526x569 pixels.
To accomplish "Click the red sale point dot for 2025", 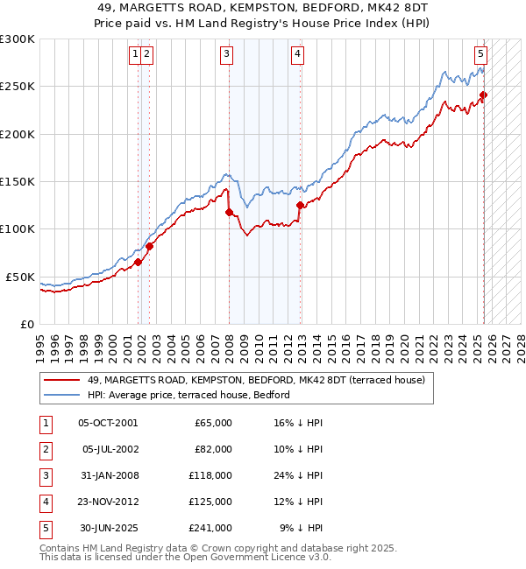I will tap(483, 95).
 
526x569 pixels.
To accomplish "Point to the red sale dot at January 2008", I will tap(229, 212).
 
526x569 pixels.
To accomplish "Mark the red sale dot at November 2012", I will tap(300, 206).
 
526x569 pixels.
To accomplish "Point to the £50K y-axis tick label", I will tap(21, 277).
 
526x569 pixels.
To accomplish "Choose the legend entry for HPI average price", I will tap(194, 395).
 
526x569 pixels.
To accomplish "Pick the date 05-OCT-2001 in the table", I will tap(108, 423).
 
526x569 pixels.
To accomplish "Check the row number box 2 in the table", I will tap(45, 449).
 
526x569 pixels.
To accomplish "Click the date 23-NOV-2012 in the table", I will tap(108, 502).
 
